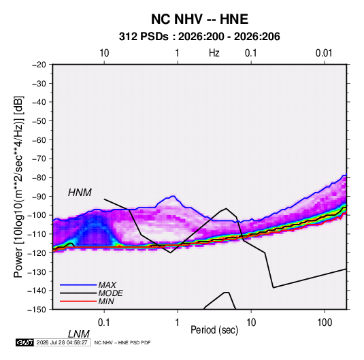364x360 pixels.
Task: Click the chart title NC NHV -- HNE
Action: click(x=199, y=19)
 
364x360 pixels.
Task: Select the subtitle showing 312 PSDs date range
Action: click(x=199, y=37)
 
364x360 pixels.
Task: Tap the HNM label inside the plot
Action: click(x=80, y=193)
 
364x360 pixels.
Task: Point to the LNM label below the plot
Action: click(x=79, y=334)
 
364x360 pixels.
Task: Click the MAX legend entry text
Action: click(x=107, y=284)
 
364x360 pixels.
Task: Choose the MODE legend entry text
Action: click(x=110, y=293)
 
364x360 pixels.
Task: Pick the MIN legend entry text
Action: click(x=106, y=301)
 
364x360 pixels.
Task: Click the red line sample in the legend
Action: click(x=78, y=301)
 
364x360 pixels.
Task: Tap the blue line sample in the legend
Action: click(x=78, y=284)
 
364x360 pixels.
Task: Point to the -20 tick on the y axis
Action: click(x=39, y=65)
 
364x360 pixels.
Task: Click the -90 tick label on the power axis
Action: click(x=39, y=197)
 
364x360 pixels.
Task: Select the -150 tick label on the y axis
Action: click(x=37, y=310)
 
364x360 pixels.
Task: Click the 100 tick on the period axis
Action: click(x=324, y=323)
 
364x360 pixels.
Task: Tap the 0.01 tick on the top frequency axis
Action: click(x=324, y=53)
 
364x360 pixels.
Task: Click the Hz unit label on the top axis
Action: click(x=214, y=53)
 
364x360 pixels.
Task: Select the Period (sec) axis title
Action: click(x=214, y=330)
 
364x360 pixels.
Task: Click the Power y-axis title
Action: click(x=18, y=186)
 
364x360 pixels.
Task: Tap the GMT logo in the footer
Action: click(x=24, y=342)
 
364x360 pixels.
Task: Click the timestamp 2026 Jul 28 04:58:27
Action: click(x=62, y=342)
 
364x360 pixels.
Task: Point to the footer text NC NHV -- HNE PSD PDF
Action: click(x=122, y=342)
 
